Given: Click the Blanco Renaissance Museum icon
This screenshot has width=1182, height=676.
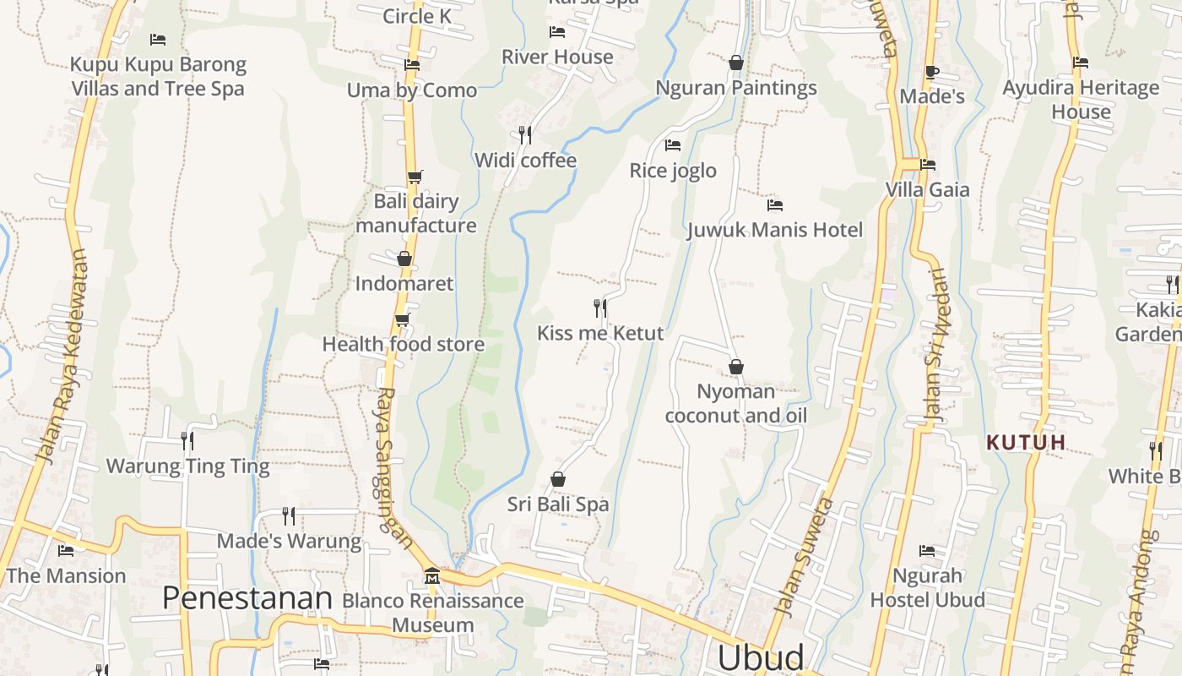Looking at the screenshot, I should click(x=432, y=575).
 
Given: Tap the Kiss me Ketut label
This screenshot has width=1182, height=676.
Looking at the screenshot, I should click(x=600, y=333).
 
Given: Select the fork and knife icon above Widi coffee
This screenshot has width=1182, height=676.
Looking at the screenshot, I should click(x=524, y=134).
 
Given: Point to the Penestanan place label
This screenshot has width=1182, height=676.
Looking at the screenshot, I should click(x=247, y=598).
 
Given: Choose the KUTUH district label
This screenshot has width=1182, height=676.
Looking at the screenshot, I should click(x=1026, y=442).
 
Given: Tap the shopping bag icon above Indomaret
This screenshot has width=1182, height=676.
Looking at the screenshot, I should click(x=404, y=259).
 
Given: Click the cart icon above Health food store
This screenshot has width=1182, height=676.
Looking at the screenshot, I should click(x=403, y=319).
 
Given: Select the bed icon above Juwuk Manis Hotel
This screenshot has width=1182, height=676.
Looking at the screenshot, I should click(x=774, y=204).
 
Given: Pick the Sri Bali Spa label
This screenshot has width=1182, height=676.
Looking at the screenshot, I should click(x=557, y=504).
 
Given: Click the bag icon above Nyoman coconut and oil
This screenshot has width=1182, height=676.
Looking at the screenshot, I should click(x=736, y=367).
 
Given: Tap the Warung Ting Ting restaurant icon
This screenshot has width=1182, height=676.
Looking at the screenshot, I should click(x=187, y=440).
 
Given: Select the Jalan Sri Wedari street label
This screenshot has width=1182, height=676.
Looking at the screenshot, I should click(x=935, y=345).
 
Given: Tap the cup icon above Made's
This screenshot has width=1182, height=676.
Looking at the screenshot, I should click(x=932, y=72).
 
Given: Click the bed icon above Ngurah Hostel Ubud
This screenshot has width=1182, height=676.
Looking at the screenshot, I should click(x=927, y=551).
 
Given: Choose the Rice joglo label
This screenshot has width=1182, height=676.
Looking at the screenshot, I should click(x=673, y=171).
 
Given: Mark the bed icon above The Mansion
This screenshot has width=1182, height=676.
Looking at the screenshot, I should click(x=66, y=551).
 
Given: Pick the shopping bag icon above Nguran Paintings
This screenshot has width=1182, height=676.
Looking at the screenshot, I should click(x=736, y=63).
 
